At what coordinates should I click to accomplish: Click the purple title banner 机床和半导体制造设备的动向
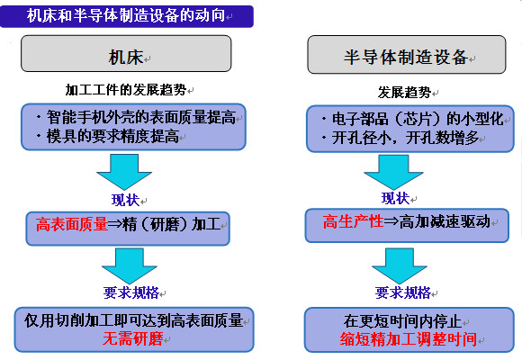tap(127, 16)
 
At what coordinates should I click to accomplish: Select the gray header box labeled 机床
tap(126, 53)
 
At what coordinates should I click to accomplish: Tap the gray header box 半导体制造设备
tap(407, 54)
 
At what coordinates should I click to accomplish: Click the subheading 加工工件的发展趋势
tap(126, 90)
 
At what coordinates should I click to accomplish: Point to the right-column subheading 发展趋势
tap(404, 92)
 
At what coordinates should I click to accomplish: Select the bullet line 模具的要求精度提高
tap(108, 136)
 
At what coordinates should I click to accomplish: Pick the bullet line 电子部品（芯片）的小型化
tap(413, 119)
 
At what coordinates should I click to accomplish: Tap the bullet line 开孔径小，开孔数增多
tap(400, 138)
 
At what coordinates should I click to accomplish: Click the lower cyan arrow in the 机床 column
tap(130, 265)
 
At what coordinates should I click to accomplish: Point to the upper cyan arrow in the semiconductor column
tap(393, 172)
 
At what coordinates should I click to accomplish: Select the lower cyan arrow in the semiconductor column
tap(400, 265)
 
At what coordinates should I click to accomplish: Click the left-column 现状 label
tap(125, 200)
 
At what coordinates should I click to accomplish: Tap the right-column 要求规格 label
tap(403, 292)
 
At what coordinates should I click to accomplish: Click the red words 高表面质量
tap(72, 224)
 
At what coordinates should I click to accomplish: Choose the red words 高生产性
tap(353, 221)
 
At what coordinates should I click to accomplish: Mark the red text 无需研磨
tap(133, 339)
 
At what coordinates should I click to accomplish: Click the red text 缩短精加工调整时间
tap(409, 339)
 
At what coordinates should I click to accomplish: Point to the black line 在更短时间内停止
tap(403, 321)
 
